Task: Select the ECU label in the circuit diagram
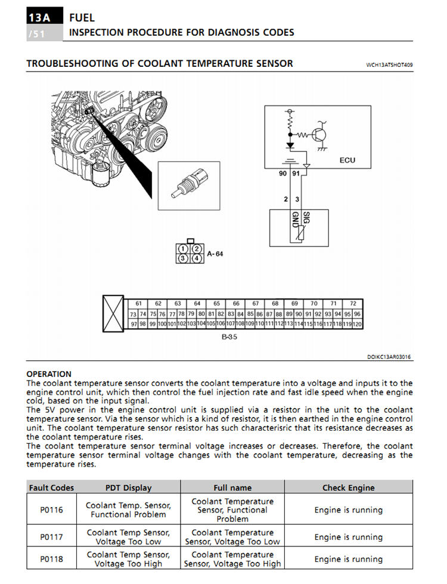[x=347, y=160]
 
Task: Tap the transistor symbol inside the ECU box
[x=320, y=135]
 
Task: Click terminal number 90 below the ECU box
[x=283, y=174]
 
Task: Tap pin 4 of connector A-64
[x=196, y=258]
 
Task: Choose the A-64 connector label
[x=215, y=254]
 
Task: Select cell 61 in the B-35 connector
[x=138, y=304]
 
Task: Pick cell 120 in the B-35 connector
[x=358, y=324]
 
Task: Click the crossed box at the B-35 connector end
[x=113, y=313]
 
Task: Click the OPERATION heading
[x=49, y=374]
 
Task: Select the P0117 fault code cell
[x=51, y=537]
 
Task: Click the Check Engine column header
[x=349, y=487]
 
